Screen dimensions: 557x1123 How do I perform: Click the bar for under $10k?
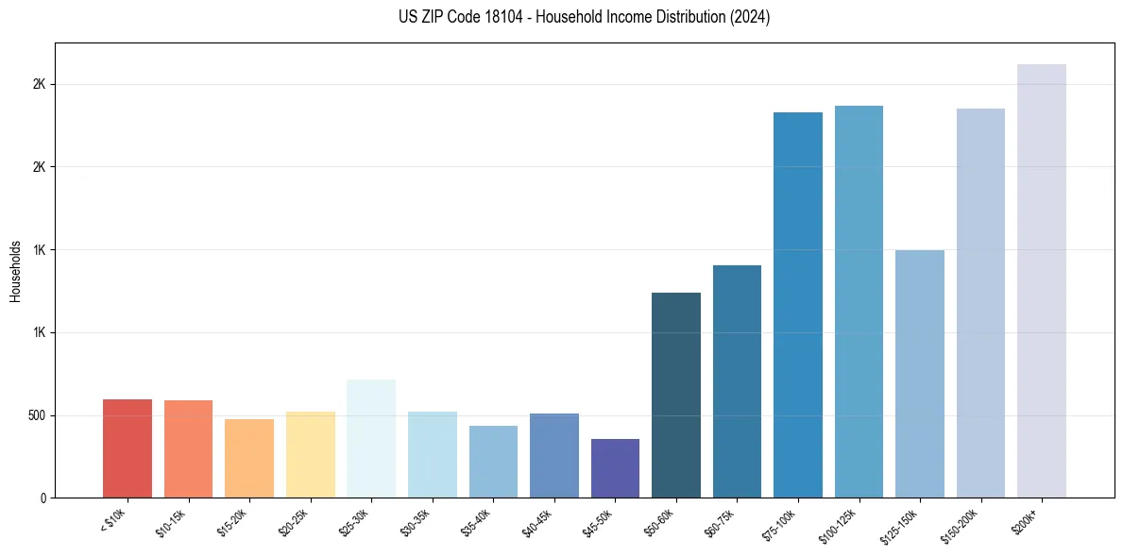tap(128, 448)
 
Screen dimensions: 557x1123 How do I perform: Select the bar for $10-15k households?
tap(188, 449)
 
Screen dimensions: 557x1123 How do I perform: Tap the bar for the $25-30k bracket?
tap(371, 439)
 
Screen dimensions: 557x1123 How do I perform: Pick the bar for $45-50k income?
tap(615, 468)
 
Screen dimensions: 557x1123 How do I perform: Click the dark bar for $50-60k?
tap(676, 396)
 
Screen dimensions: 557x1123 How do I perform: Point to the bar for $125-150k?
tap(920, 374)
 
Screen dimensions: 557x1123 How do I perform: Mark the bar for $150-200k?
tap(980, 303)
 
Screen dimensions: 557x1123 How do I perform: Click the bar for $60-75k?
tap(737, 381)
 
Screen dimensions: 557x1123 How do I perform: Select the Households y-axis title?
tap(15, 270)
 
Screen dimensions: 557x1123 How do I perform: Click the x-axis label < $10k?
tap(113, 520)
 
